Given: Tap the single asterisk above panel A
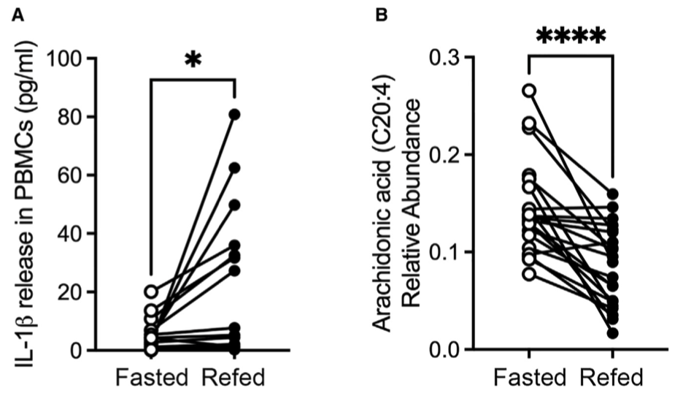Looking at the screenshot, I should pyautogui.click(x=193, y=61).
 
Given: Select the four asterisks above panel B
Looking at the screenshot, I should pyautogui.click(x=571, y=37).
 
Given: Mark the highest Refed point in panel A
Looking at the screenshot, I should pyautogui.click(x=234, y=114).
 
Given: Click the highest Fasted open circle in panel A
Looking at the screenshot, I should pyautogui.click(x=150, y=292).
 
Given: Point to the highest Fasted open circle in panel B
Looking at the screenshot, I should pyautogui.click(x=529, y=91).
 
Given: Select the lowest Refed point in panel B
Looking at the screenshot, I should pyautogui.click(x=613, y=333).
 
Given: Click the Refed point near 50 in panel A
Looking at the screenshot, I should pyautogui.click(x=234, y=205).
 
